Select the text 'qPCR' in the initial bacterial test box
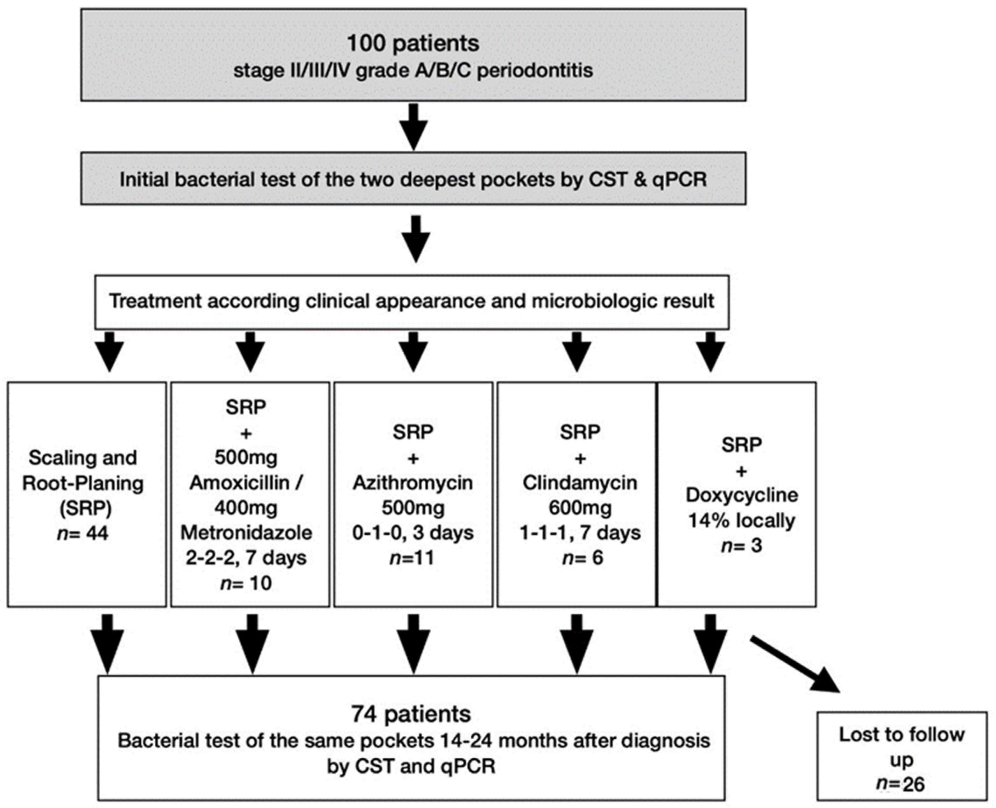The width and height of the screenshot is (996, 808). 679,180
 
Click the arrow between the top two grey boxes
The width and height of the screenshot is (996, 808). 414,127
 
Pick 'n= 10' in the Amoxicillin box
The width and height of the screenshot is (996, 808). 246,583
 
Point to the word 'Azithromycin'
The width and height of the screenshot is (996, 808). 413,483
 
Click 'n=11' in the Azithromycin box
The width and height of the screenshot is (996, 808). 412,558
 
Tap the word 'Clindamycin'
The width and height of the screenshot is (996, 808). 580,483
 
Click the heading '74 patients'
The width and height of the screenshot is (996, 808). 411,714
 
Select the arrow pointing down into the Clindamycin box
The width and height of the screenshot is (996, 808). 577,352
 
